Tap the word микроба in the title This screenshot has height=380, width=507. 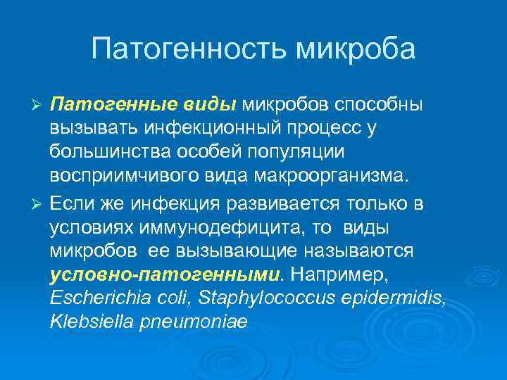click(x=356, y=49)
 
